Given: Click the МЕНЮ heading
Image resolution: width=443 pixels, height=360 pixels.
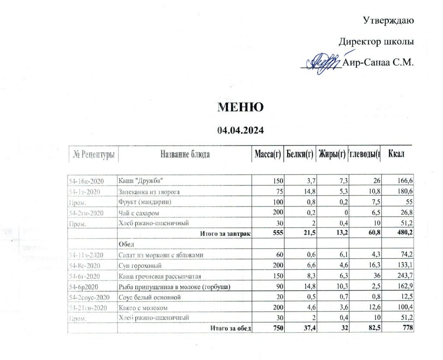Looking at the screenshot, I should coord(241,107).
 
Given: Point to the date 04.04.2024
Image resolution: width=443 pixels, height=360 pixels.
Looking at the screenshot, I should coord(241,129).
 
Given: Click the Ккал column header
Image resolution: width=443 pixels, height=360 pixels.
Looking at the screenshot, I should coord(396,154).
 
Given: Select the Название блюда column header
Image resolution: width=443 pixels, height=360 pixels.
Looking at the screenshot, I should coord(185,154).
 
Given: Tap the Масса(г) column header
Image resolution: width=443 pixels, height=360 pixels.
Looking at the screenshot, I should coord(267,154).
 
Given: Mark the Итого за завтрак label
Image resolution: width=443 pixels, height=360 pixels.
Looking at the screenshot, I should coord(225,234).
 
